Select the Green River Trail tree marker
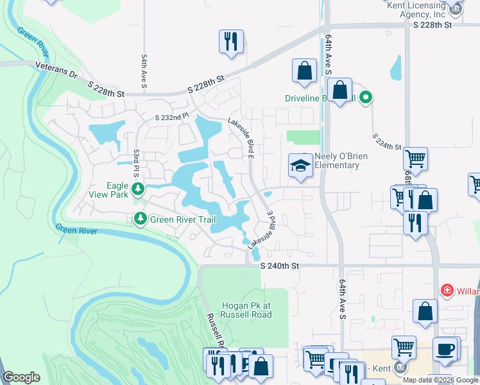coord(140,219)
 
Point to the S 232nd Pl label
coord(173,117)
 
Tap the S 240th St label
coord(280,266)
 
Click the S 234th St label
coord(388,142)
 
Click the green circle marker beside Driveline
coord(366,98)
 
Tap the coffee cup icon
coord(444,349)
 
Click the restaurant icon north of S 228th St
coord(230,42)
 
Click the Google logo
coord(21,377)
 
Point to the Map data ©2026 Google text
coord(440,380)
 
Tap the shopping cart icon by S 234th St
coord(415,158)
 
